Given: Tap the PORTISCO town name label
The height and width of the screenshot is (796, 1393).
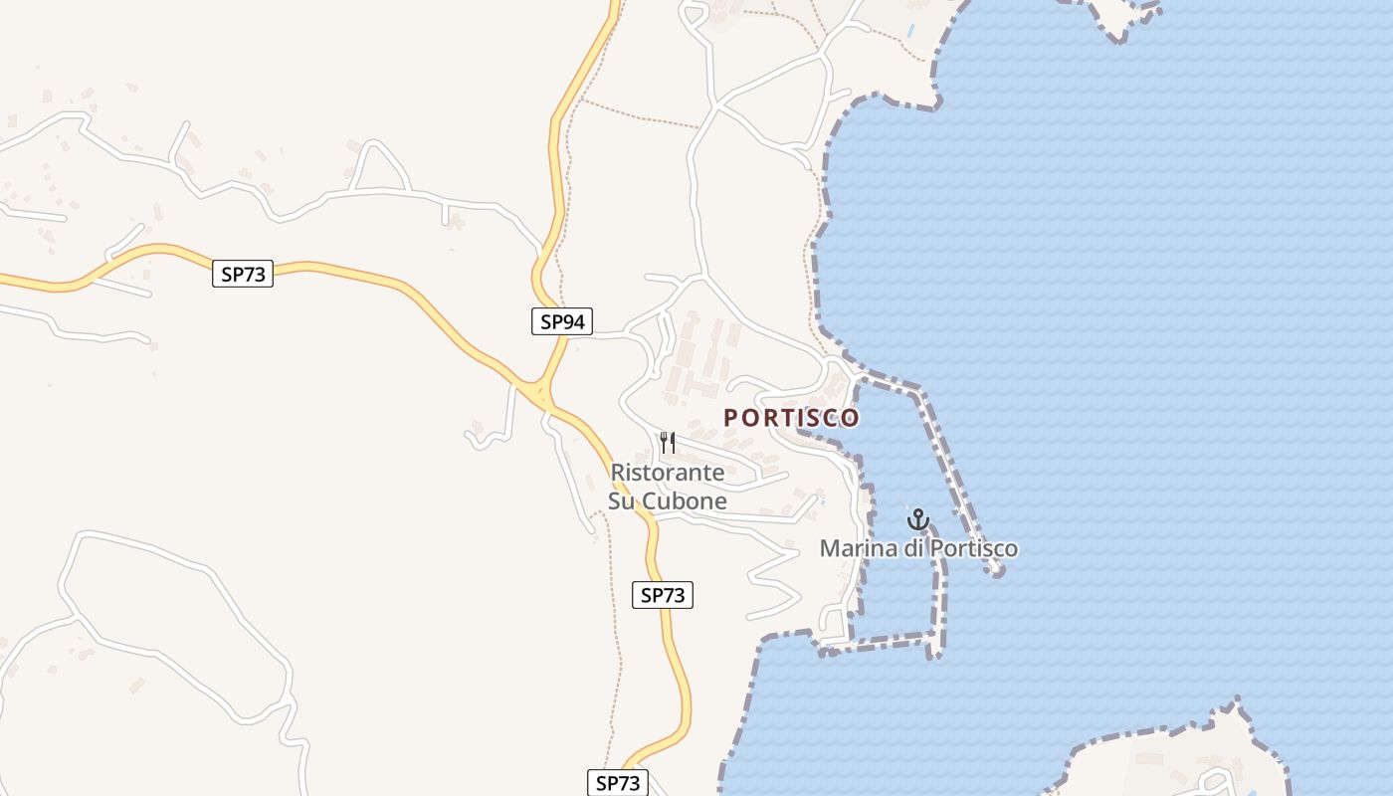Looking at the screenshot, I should [x=791, y=418].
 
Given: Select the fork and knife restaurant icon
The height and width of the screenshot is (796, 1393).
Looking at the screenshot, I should [x=668, y=442].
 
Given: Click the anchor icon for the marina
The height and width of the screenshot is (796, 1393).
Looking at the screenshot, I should [x=917, y=519].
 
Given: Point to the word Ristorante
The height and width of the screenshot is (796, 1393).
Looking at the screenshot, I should [x=668, y=473].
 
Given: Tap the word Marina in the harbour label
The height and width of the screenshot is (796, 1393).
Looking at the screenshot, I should [x=858, y=548].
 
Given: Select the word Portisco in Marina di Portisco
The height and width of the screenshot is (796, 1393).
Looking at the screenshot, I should [x=972, y=548].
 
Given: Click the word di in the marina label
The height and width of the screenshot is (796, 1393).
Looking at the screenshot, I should [x=912, y=548].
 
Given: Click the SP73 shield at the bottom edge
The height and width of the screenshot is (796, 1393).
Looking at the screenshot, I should [x=617, y=783].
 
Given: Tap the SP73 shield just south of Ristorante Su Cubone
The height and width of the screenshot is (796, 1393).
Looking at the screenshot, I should [x=663, y=595].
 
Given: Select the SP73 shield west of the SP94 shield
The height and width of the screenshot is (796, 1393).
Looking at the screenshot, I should [x=243, y=274].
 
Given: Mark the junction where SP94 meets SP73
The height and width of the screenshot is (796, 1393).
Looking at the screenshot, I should [x=542, y=390].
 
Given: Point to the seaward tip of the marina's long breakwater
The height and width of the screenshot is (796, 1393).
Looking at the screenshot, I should [x=997, y=570].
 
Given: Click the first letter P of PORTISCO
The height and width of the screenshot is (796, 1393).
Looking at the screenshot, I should [x=731, y=418].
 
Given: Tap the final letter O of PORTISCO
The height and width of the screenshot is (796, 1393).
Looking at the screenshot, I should [x=851, y=418].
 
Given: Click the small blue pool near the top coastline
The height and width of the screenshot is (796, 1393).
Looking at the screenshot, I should [x=909, y=30].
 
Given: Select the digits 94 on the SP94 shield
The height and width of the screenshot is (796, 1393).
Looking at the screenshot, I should [x=574, y=321].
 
